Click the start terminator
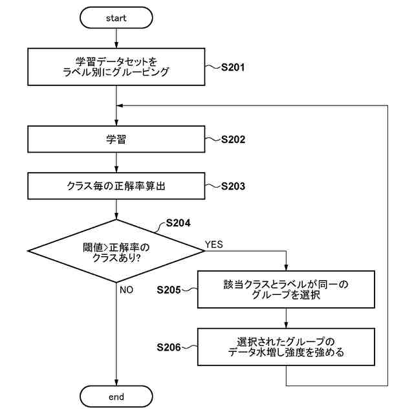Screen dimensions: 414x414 click(x=116, y=17)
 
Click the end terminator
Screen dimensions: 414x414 click(x=116, y=397)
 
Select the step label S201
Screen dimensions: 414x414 click(x=233, y=67)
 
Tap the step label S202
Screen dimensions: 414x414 click(x=233, y=140)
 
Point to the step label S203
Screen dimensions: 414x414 click(x=233, y=186)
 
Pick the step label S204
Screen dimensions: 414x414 click(x=179, y=223)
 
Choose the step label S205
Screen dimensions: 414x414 click(x=169, y=290)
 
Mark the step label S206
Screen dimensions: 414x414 click(x=169, y=347)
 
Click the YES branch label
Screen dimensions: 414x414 click(x=214, y=245)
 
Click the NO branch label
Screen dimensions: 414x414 click(x=127, y=290)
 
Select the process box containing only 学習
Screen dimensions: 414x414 click(x=116, y=139)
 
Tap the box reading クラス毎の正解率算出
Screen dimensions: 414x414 click(x=116, y=186)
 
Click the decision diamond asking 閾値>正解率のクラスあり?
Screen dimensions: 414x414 click(x=116, y=251)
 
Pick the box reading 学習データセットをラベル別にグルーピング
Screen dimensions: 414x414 click(x=116, y=67)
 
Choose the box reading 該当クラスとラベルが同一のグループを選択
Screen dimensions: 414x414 click(x=286, y=289)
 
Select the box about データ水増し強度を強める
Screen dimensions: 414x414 click(x=286, y=347)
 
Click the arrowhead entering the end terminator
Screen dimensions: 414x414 click(x=116, y=382)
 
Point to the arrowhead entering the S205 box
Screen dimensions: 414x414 click(x=286, y=267)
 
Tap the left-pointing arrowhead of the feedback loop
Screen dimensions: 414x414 click(x=120, y=105)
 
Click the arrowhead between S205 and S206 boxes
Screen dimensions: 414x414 click(x=286, y=325)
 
